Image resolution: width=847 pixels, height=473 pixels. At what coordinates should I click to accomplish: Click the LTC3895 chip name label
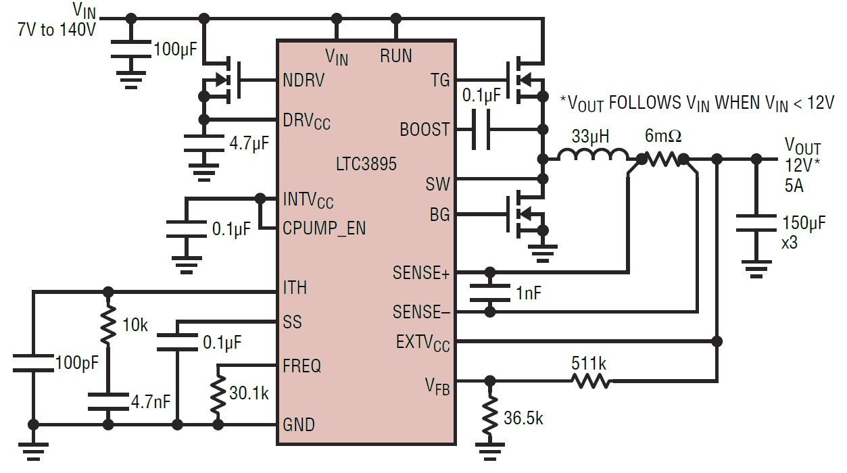click(x=366, y=164)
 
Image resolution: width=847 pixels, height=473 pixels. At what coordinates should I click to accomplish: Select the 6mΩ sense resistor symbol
click(x=662, y=159)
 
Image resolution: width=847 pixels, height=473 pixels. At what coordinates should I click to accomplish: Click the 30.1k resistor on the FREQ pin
click(x=218, y=396)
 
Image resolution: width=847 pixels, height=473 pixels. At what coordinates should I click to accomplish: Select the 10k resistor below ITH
click(x=107, y=326)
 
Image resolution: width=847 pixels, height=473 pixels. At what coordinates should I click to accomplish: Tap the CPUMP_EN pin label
click(x=324, y=228)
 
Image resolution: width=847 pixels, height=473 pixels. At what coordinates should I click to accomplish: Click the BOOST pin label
click(x=425, y=129)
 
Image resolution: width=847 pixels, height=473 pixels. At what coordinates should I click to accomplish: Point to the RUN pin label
click(x=395, y=55)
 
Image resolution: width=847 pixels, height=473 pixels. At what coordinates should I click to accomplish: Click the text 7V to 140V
click(x=57, y=30)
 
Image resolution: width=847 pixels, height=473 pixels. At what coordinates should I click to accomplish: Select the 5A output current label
click(x=794, y=186)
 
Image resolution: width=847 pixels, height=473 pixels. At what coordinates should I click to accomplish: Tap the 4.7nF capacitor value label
click(x=151, y=403)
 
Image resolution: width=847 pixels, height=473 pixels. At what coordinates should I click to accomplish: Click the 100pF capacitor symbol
click(x=33, y=364)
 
